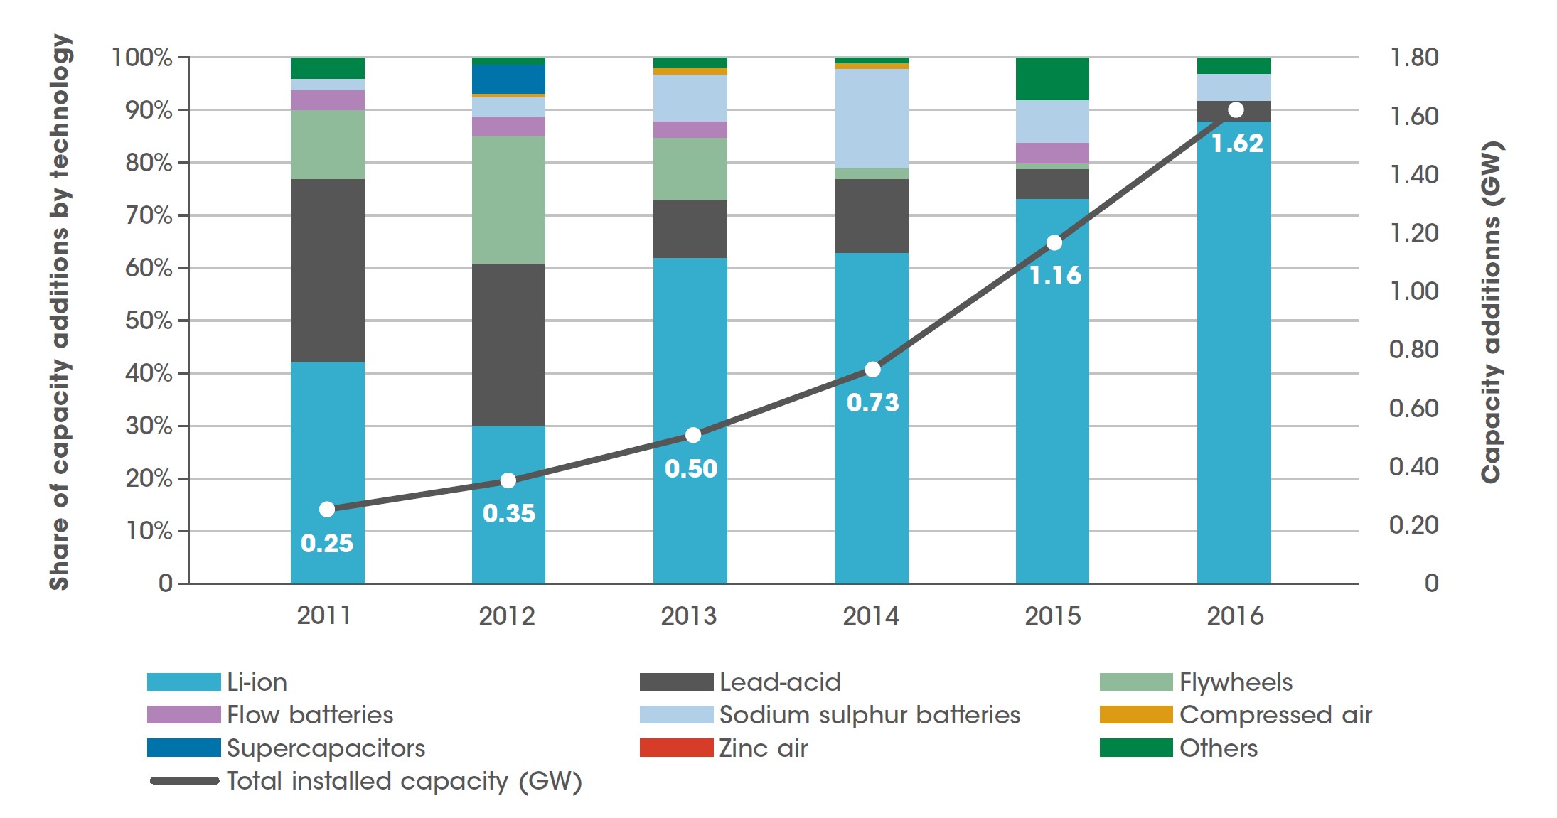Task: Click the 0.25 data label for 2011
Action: (327, 543)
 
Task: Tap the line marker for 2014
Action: (872, 370)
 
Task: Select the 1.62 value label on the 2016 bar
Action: (1237, 144)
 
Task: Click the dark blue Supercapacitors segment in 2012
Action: (508, 79)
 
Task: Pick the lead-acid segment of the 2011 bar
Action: (327, 271)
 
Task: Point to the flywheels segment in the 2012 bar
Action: (508, 200)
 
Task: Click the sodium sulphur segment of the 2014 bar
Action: (871, 119)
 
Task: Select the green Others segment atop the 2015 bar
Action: (1052, 79)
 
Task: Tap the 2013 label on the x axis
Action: (688, 615)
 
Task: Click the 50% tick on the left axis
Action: (149, 321)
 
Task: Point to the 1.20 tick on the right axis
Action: (1413, 233)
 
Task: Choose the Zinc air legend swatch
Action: (676, 748)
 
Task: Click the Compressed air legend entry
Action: (1275, 715)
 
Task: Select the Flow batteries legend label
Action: (310, 715)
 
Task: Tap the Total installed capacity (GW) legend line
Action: (184, 781)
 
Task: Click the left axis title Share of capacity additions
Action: (60, 313)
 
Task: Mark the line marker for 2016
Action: (1236, 110)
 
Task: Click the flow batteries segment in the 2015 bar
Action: (1052, 153)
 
